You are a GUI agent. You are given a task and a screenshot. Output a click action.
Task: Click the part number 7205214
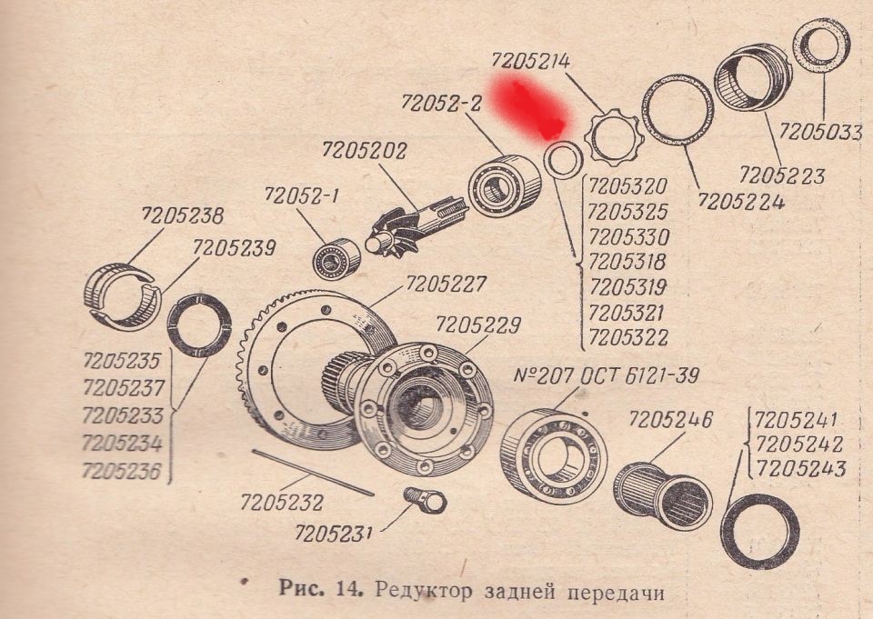(531, 61)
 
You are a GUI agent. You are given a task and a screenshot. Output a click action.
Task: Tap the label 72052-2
(441, 104)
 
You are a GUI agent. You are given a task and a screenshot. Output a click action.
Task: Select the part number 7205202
(365, 151)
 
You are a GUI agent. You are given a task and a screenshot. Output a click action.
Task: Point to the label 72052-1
(301, 195)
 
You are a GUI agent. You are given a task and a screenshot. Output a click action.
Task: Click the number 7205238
(182, 216)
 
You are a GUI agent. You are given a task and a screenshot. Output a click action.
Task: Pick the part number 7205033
(820, 132)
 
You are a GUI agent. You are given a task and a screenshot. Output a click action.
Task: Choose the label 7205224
(741, 200)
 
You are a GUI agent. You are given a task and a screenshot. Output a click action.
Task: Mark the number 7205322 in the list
(627, 337)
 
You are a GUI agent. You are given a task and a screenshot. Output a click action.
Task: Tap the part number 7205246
(671, 420)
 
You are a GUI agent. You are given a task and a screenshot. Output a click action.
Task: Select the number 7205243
(801, 468)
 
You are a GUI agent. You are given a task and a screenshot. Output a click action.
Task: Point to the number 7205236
(122, 470)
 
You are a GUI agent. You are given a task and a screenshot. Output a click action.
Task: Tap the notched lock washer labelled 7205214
(614, 137)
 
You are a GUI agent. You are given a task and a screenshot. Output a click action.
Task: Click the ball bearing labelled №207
(554, 456)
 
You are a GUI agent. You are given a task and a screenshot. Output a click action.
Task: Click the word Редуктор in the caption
(423, 591)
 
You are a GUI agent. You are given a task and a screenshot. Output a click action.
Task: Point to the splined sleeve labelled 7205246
(663, 494)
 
